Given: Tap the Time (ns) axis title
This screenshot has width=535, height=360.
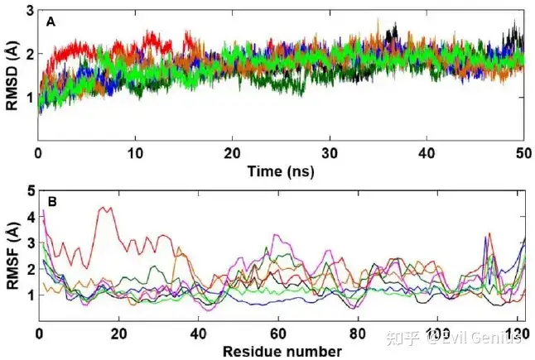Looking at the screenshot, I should [281, 171].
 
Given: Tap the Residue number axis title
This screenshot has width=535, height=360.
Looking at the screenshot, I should [282, 350].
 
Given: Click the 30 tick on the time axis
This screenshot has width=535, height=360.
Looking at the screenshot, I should [330, 154].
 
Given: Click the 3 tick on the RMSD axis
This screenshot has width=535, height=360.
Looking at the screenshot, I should [30, 11].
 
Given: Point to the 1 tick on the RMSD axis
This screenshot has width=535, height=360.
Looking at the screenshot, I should [30, 98].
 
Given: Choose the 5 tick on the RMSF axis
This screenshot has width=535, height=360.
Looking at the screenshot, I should [30, 191].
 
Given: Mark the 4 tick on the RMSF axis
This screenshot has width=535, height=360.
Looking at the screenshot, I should [30, 218].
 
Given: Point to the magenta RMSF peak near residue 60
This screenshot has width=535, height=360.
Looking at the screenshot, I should [277, 236].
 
